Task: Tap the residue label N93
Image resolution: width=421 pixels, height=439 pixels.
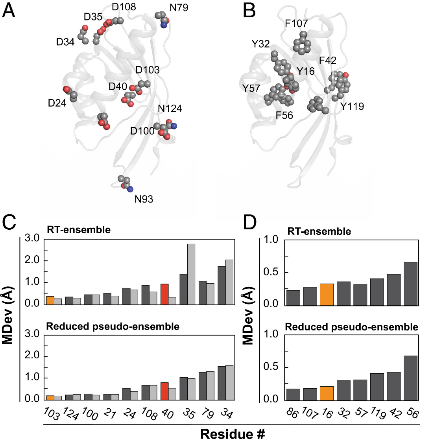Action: pyautogui.click(x=144, y=199)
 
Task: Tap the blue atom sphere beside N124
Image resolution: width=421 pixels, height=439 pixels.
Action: pyautogui.click(x=174, y=126)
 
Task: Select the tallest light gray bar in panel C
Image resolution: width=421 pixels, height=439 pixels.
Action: pyautogui.click(x=191, y=274)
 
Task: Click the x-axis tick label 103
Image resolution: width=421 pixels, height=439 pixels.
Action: pyautogui.click(x=49, y=413)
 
